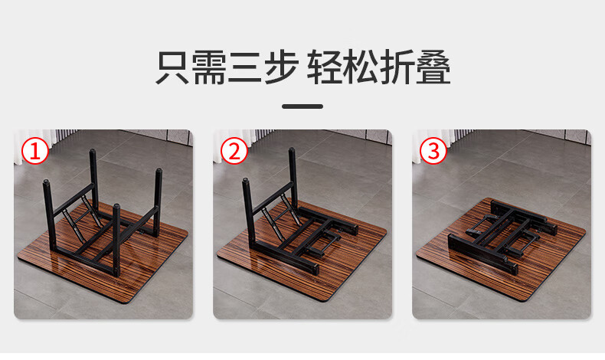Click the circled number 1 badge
click(35, 151)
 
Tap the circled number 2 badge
click(234, 151)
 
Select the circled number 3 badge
click(433, 151)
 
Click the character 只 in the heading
click(172, 67)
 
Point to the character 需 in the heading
click(209, 67)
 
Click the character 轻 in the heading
click(324, 67)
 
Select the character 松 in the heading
click(361, 67)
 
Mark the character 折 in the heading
click(397, 67)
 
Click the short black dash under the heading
click(302, 106)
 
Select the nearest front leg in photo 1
click(116, 240)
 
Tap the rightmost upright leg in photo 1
click(158, 202)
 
